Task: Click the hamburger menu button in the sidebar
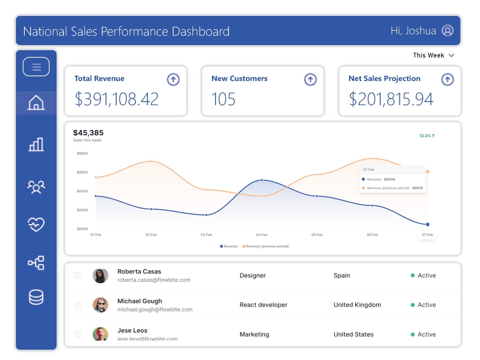[36, 67]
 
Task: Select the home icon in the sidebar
[36, 103]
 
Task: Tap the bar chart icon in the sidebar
[36, 144]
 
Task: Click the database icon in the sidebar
[36, 297]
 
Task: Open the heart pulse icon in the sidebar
[36, 224]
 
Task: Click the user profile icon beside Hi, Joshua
[447, 31]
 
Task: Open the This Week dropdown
[433, 55]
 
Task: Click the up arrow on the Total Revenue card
[173, 79]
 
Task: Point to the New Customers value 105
[223, 99]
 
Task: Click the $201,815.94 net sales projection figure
[391, 99]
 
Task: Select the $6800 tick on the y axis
[82, 154]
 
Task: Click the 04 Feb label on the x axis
[262, 235]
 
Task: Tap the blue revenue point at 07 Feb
[428, 224]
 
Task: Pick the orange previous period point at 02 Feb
[151, 161]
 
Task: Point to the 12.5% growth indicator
[427, 136]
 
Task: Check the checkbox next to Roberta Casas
[77, 276]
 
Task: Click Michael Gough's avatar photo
[100, 305]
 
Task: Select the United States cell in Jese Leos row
[353, 334]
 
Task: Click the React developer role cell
[264, 305]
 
